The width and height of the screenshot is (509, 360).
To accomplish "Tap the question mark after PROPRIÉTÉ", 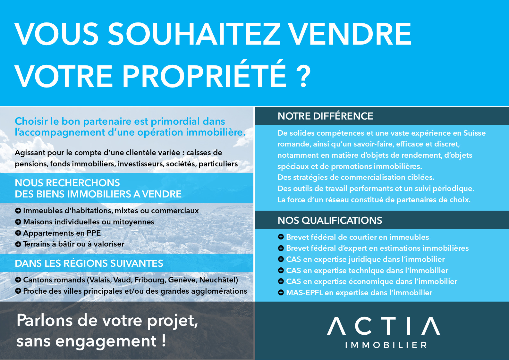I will [303, 76].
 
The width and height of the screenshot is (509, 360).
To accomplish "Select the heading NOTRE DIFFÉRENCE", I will [325, 116].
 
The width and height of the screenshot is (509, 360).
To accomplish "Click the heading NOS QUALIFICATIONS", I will [330, 221].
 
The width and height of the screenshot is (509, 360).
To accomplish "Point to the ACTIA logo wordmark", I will [383, 326].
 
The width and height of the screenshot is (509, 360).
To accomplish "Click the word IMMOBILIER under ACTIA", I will [386, 345].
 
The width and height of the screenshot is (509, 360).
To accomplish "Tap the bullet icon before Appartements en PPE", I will [18, 233].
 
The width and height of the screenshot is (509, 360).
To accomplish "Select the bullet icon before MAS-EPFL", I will [281, 293].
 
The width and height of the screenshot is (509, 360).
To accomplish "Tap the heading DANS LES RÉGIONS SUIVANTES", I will [89, 264].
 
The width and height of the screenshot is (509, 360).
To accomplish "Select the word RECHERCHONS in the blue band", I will [83, 183].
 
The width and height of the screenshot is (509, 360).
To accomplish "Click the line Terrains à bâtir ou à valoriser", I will [73, 244].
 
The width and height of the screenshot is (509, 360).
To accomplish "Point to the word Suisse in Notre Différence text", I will [474, 133].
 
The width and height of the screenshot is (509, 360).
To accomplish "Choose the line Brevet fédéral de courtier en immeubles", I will [357, 237].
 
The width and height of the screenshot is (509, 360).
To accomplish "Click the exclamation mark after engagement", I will [164, 340].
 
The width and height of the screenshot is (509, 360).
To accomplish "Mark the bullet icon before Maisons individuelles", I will [18, 222].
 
